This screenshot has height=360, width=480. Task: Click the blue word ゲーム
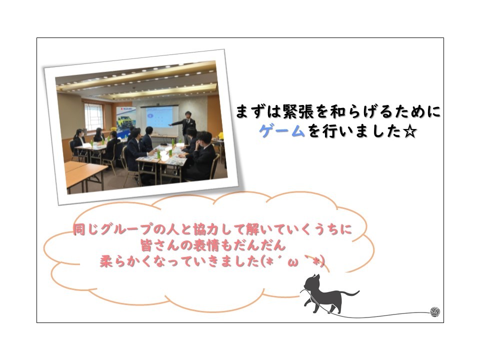click(282, 131)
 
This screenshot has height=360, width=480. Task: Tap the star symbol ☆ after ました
click(409, 131)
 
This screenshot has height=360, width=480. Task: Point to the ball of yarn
click(434, 312)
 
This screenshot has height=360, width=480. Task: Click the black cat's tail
click(349, 293)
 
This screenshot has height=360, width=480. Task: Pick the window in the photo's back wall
click(93, 116)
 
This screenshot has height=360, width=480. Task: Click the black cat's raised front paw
click(306, 303)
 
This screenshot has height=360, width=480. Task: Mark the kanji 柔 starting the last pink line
click(107, 262)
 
